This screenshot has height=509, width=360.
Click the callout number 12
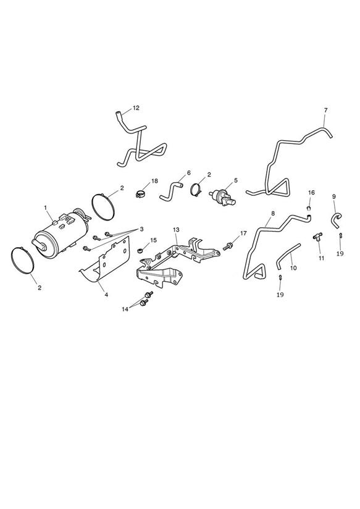click(x=136, y=107)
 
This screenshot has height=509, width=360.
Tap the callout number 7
click(x=325, y=110)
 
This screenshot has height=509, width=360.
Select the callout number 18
click(x=154, y=181)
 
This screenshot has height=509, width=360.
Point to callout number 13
click(x=176, y=230)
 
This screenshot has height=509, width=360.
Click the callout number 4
click(x=106, y=295)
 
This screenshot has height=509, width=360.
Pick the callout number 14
click(x=125, y=309)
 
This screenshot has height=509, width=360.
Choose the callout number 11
click(x=321, y=258)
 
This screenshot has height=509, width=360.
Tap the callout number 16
click(x=311, y=193)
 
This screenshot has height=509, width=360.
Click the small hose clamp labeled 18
click(x=140, y=195)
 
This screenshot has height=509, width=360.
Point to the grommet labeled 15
click(x=141, y=250)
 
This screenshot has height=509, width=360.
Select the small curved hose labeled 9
click(x=337, y=218)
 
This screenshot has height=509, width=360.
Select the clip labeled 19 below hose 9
click(x=340, y=235)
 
